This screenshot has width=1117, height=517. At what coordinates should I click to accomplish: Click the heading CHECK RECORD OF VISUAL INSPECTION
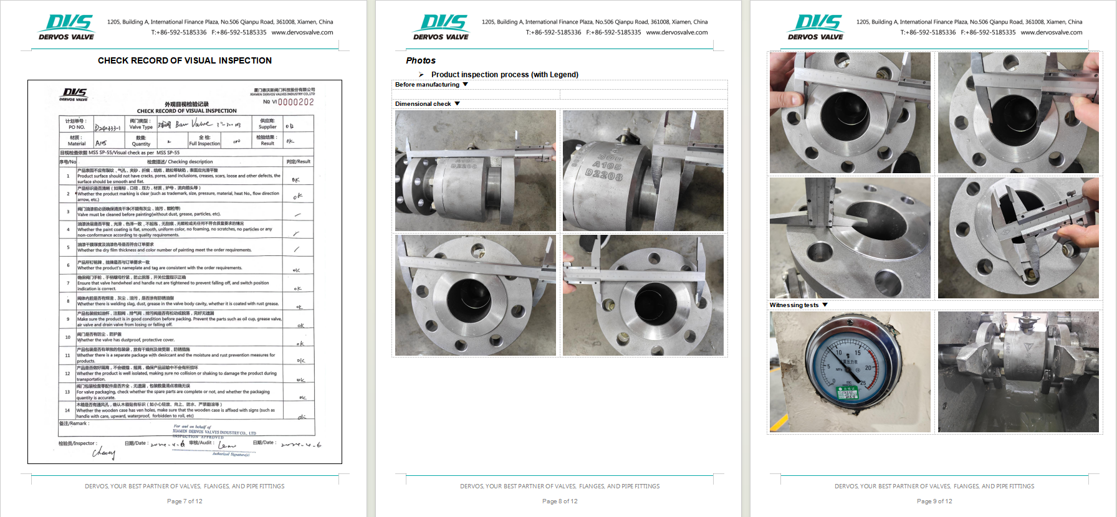185,60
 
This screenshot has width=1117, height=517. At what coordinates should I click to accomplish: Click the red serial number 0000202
295,102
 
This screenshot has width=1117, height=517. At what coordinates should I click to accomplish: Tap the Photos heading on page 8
421,60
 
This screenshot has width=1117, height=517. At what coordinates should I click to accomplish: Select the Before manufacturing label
427,85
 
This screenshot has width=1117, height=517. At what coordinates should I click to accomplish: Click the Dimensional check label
423,104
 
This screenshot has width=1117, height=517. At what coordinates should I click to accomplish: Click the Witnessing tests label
793,305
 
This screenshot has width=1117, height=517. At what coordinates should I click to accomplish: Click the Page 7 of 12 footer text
185,501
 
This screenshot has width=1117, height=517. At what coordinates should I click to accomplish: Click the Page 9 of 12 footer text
934,501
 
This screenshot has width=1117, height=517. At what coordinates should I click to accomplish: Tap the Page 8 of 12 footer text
560,501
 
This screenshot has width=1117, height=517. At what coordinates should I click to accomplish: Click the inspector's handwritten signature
103,453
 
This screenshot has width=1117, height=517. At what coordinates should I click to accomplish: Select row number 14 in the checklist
67,410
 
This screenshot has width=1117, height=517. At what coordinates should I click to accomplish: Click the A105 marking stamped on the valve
606,165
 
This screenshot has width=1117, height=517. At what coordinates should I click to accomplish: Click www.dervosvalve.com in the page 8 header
676,32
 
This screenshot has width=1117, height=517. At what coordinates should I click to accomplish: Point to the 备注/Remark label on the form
74,424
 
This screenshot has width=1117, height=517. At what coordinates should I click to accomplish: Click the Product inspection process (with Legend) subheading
504,75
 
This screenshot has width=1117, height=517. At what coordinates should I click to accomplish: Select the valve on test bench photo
1018,372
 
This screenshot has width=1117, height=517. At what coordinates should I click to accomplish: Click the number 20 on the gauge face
868,368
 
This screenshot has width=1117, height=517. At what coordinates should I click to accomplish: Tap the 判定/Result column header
298,161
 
